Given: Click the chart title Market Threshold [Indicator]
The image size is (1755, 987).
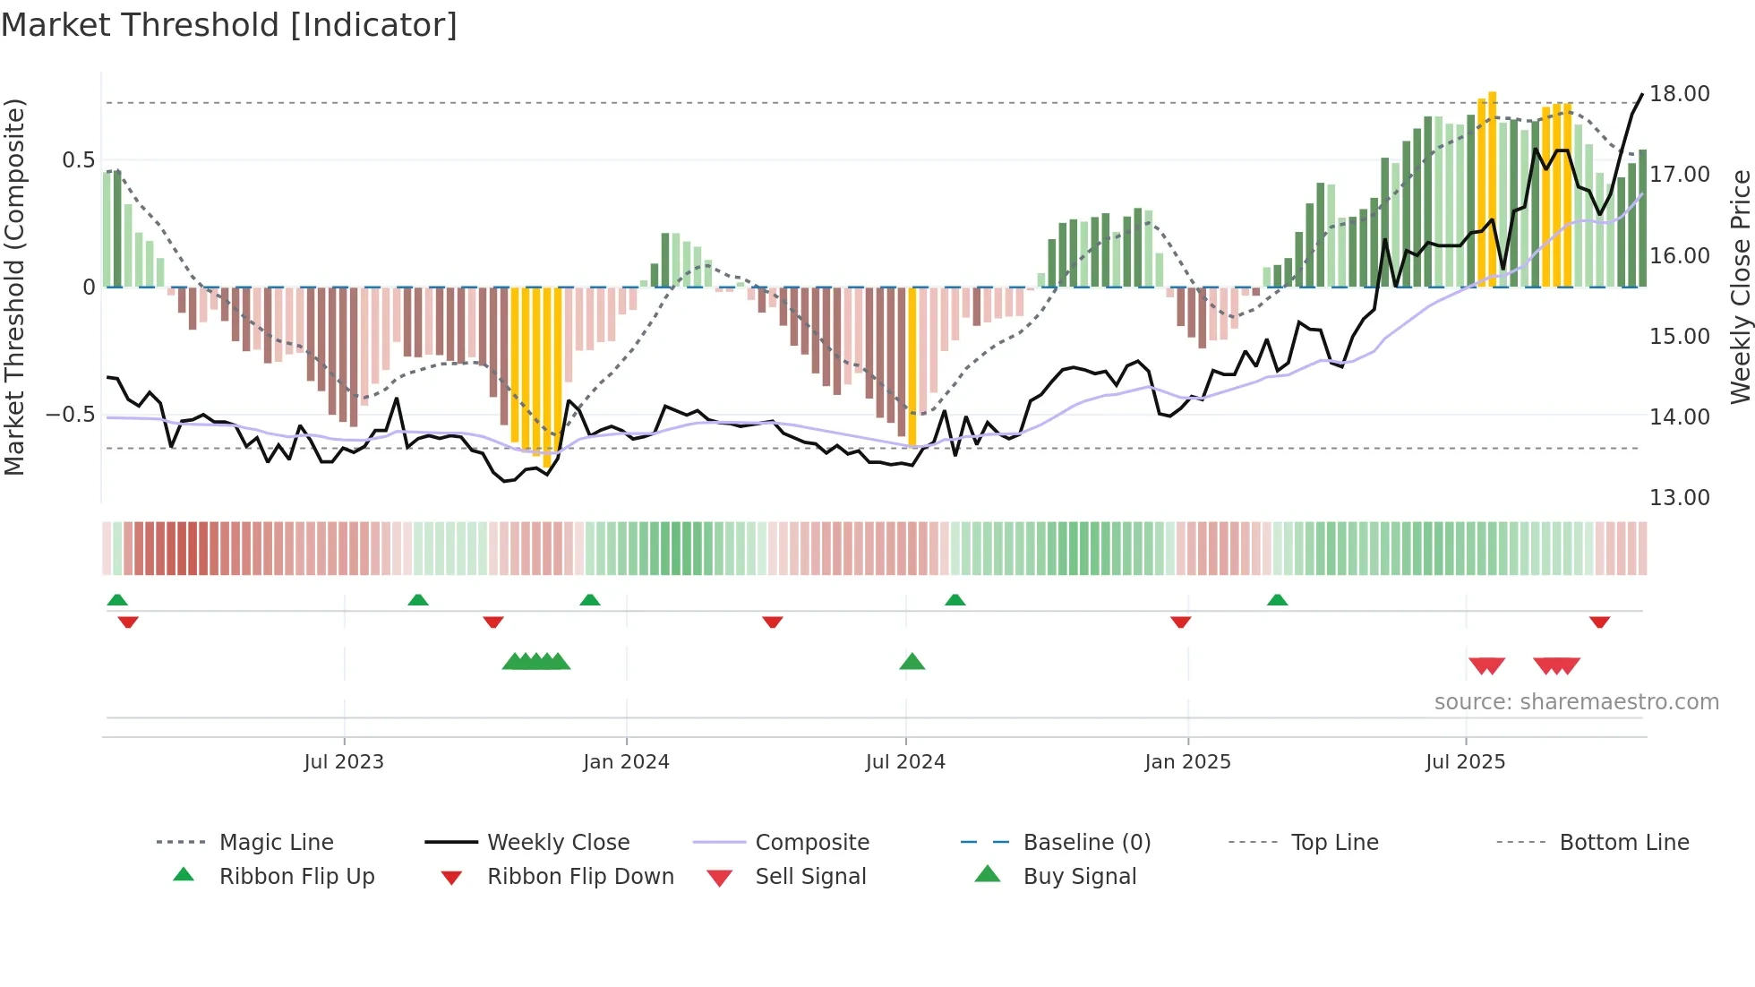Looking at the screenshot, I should click(x=229, y=25).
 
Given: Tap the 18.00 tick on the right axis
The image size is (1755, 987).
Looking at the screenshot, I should click(x=1679, y=94).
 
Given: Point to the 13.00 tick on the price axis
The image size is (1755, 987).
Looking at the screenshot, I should click(x=1679, y=498).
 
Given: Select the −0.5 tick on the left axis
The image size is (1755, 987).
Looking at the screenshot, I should click(x=71, y=415).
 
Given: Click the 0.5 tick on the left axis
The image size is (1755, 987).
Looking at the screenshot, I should click(x=78, y=160).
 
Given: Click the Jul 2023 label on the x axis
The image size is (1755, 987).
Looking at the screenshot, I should click(x=344, y=762).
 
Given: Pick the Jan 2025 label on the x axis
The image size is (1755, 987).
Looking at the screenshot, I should click(x=1187, y=762).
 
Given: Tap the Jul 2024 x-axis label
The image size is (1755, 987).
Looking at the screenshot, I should click(x=905, y=762).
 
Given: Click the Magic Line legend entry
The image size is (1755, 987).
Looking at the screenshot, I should click(x=276, y=843).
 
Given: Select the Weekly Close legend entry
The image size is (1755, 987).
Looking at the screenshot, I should click(x=558, y=843).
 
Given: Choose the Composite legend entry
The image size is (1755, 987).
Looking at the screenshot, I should click(x=812, y=843).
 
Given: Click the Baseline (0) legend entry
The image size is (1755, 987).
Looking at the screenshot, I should click(x=1086, y=843).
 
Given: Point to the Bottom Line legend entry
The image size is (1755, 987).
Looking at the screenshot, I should click(x=1623, y=843).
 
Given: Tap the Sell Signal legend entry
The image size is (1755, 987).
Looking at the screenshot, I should click(x=810, y=877).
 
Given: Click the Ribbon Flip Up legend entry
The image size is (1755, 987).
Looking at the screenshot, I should click(x=296, y=877).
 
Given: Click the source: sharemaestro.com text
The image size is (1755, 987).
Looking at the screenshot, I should click(x=1576, y=702).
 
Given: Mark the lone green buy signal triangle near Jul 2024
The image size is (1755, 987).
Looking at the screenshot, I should click(x=912, y=662).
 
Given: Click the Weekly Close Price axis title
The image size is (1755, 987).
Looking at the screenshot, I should click(x=1740, y=287).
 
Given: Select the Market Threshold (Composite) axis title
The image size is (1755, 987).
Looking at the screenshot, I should click(x=14, y=287).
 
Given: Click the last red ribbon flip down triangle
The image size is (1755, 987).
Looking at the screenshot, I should click(x=1599, y=622).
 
